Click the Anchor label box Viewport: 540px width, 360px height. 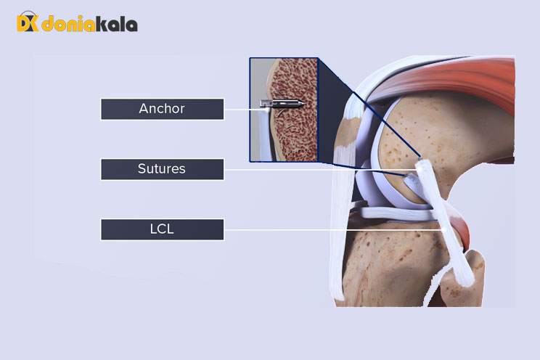(162, 109)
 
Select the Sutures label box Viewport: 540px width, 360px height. (162, 169)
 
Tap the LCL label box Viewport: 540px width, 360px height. (162, 230)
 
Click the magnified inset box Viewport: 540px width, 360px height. (285, 109)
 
